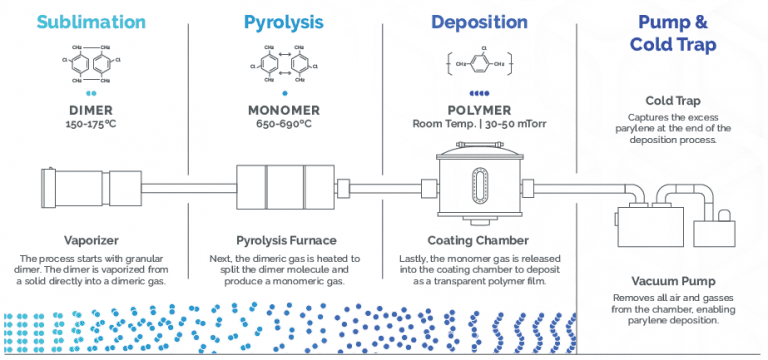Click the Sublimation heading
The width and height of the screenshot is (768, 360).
click(x=92, y=21)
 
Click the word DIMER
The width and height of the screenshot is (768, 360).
click(x=92, y=111)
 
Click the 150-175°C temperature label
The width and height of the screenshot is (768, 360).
click(x=92, y=125)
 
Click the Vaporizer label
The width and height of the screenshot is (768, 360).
click(x=92, y=241)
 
